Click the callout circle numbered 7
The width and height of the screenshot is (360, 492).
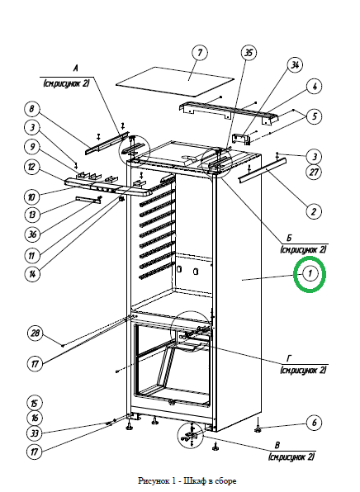click(x=200, y=53)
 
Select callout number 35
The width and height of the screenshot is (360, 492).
click(x=249, y=52)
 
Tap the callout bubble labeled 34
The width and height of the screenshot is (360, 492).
click(x=295, y=65)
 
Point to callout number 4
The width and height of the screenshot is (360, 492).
click(x=315, y=87)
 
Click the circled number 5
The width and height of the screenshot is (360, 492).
click(x=315, y=116)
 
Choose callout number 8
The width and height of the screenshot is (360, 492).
click(x=32, y=109)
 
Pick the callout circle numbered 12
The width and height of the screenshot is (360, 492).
click(x=32, y=167)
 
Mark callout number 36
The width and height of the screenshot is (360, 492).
click(x=32, y=234)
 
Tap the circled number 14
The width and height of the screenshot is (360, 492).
click(x=32, y=274)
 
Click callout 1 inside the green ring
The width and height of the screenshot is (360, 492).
click(x=310, y=273)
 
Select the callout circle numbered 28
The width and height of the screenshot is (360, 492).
click(x=35, y=334)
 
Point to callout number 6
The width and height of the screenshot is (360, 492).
click(x=315, y=423)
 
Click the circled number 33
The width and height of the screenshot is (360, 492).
click(x=34, y=433)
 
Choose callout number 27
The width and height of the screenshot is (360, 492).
click(x=314, y=172)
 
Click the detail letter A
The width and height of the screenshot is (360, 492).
click(x=75, y=68)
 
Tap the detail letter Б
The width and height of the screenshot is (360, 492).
click(x=289, y=238)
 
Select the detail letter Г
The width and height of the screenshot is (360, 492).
click(x=289, y=358)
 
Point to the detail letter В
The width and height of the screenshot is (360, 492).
click(x=277, y=445)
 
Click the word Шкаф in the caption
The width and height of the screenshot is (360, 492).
click(x=194, y=480)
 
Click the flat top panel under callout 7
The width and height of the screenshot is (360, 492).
click(x=175, y=81)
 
